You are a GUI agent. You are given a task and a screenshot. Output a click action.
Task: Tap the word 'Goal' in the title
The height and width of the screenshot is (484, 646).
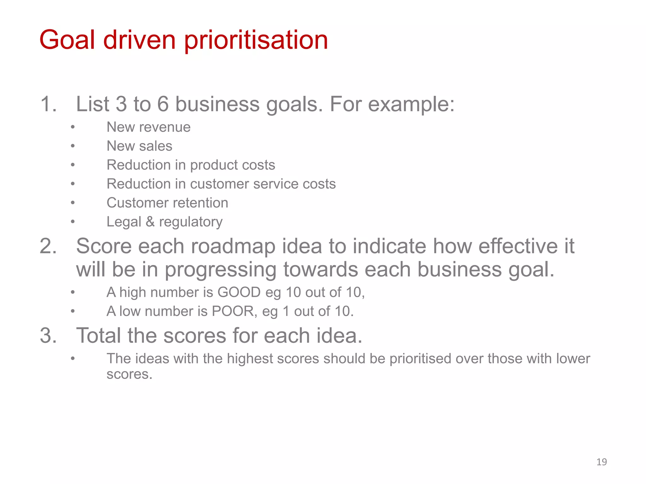coord(67,40)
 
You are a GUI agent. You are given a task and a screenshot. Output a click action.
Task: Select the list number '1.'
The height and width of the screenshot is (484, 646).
coord(49,104)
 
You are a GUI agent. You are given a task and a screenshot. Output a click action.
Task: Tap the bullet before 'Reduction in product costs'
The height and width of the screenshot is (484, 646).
coord(73,165)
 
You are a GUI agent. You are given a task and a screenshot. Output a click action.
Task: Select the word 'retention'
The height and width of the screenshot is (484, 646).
coord(203,203)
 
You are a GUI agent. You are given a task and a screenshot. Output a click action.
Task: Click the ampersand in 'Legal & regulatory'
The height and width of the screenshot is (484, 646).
coord(150,222)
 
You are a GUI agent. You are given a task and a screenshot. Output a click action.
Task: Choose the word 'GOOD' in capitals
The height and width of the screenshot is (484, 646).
coord(239,292)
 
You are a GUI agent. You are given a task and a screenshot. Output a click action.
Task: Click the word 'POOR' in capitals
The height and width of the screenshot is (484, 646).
coord(233,311)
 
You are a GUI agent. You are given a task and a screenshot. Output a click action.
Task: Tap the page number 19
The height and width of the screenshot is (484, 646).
coord(602,462)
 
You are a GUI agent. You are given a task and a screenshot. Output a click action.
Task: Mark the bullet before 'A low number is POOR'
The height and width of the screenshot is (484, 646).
coord(73,311)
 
